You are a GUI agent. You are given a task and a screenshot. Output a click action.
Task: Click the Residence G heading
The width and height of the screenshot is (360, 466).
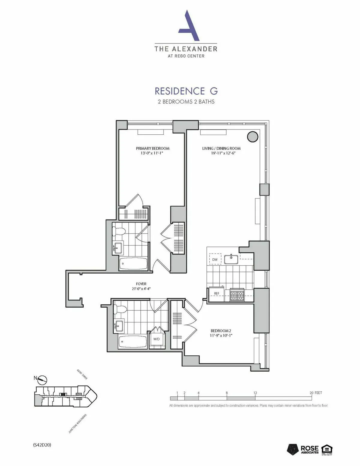pyautogui.click(x=186, y=91)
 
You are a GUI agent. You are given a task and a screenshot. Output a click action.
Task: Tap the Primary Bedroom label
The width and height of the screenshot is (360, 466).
pyautogui.click(x=152, y=151)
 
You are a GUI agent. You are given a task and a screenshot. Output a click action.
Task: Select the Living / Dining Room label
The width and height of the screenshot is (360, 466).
pyautogui.click(x=221, y=151)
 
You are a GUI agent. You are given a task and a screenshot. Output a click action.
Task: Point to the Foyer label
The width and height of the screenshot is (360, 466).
pyautogui.click(x=141, y=286)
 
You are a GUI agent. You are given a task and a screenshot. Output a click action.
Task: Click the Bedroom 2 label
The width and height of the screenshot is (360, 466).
pyautogui.click(x=221, y=333)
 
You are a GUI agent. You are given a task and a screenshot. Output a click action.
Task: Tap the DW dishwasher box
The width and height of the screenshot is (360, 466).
pyautogui.click(x=215, y=259)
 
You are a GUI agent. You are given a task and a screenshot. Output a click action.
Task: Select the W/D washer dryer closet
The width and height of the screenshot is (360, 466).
pyautogui.click(x=157, y=339)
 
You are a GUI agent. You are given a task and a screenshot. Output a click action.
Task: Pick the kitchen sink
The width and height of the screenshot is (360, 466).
pyautogui.click(x=231, y=259)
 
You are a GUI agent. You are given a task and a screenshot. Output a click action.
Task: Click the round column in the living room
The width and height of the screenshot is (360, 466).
pyautogui.click(x=252, y=136)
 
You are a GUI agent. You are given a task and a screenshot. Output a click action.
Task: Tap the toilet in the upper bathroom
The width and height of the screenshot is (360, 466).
pyautogui.click(x=118, y=231)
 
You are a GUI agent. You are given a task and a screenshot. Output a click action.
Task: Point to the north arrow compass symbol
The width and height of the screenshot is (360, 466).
pyautogui.click(x=43, y=380)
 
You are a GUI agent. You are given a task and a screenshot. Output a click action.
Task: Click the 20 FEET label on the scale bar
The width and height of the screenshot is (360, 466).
pyautogui.click(x=316, y=393)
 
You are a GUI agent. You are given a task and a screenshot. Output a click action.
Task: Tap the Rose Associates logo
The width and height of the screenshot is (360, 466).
pyautogui.click(x=303, y=449)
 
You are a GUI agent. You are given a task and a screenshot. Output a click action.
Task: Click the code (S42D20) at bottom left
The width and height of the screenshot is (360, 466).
pyautogui.click(x=42, y=445)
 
